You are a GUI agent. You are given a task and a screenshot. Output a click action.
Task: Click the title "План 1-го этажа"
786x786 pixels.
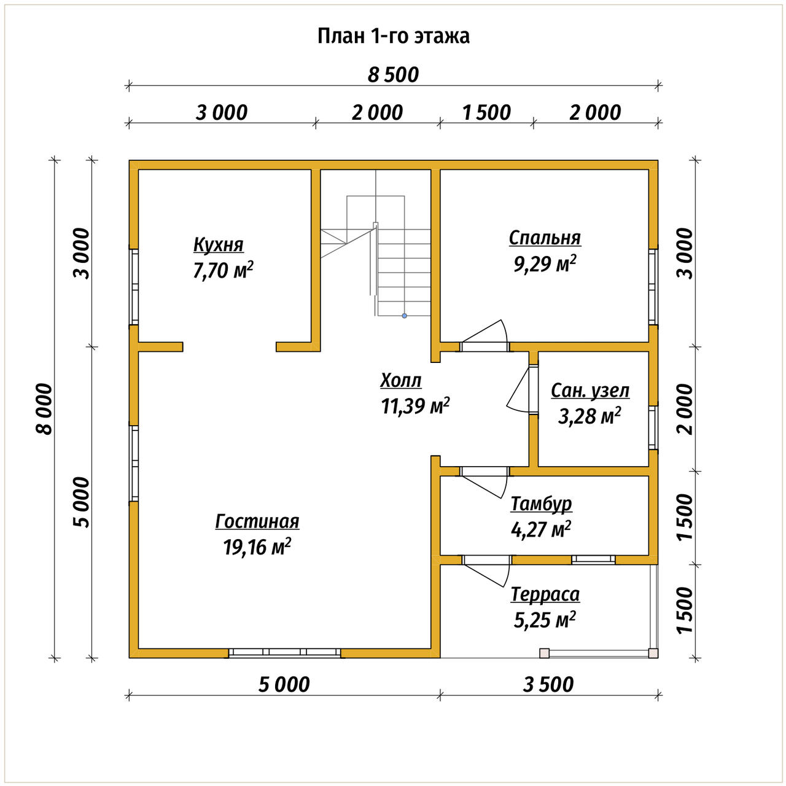[393, 36]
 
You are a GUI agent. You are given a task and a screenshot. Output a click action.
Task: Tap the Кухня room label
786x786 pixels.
[218, 245]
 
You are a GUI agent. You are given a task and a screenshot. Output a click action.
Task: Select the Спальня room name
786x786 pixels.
[545, 238]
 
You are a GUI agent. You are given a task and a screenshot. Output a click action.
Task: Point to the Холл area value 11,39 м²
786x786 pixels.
[415, 405]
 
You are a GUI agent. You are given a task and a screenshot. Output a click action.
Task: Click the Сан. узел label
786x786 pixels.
[589, 391]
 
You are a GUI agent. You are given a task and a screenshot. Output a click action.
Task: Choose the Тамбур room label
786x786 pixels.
[541, 504]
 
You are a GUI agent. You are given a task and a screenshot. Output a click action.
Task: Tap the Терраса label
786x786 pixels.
[545, 594]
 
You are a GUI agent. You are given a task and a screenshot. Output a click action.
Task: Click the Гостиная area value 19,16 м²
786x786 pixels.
[257, 547]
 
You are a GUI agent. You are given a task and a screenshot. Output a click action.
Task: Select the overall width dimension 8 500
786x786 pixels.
[393, 75]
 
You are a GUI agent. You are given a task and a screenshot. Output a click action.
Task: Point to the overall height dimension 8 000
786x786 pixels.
[45, 409]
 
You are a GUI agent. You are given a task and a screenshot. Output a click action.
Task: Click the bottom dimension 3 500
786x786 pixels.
[548, 685]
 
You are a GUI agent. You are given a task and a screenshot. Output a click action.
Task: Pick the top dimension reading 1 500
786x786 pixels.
[486, 112]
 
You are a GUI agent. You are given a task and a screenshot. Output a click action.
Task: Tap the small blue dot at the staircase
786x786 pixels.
[404, 316]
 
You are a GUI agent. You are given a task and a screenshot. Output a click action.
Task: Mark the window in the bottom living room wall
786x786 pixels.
[284, 652]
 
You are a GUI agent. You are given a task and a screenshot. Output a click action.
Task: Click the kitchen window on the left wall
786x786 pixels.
[134, 287]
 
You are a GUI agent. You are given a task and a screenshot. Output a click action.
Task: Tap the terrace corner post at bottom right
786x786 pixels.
[653, 653]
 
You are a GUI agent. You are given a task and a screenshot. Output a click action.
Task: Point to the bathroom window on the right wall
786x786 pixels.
[653, 427]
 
